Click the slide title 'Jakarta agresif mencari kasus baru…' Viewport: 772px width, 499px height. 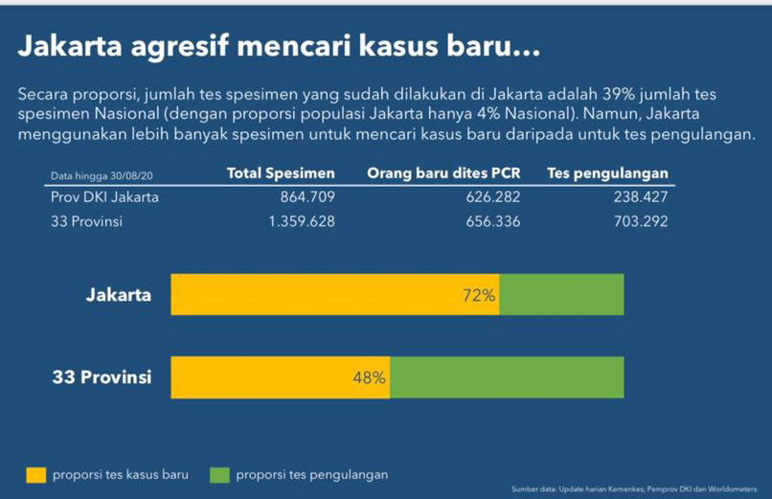pyautogui.click(x=279, y=45)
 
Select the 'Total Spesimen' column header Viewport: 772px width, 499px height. pyautogui.click(x=281, y=173)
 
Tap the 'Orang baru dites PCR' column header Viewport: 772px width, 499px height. pyautogui.click(x=443, y=173)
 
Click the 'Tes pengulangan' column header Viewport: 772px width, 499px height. pyautogui.click(x=607, y=173)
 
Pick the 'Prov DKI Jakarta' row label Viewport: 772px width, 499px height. pyautogui.click(x=104, y=197)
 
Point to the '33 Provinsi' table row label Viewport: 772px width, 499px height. pyautogui.click(x=86, y=221)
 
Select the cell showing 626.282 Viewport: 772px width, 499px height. pyautogui.click(x=488, y=197)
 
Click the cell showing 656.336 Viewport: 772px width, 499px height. pyautogui.click(x=488, y=221)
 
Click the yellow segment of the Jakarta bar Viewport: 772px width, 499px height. pyautogui.click(x=316, y=295)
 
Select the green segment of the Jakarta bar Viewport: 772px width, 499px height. pyautogui.click(x=561, y=295)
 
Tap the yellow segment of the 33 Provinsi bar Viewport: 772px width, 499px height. pyautogui.click(x=259, y=377)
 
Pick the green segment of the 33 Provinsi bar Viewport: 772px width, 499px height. pyautogui.click(x=507, y=377)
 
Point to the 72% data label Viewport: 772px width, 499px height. pyautogui.click(x=479, y=295)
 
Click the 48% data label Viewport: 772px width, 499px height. pyautogui.click(x=369, y=377)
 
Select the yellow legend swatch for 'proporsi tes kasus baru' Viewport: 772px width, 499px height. pyautogui.click(x=35, y=474)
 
